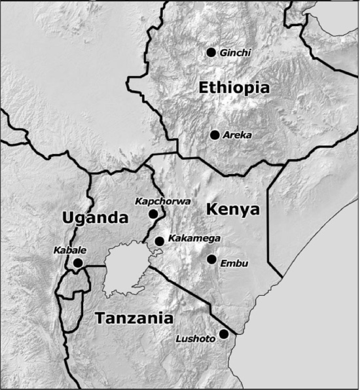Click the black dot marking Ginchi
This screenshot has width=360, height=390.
211,52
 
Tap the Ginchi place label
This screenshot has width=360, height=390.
235,52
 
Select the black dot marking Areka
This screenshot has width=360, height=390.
215,135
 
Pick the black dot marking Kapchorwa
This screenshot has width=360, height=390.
153,213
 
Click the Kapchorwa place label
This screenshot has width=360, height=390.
163,202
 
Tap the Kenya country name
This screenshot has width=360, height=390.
233,209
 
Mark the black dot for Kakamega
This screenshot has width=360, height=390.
159,241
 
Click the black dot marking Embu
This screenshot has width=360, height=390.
211,259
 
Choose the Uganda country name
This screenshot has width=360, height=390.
94,217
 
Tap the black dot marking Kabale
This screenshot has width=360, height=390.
78,263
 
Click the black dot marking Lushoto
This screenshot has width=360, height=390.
224,334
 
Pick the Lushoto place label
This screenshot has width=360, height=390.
194,339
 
